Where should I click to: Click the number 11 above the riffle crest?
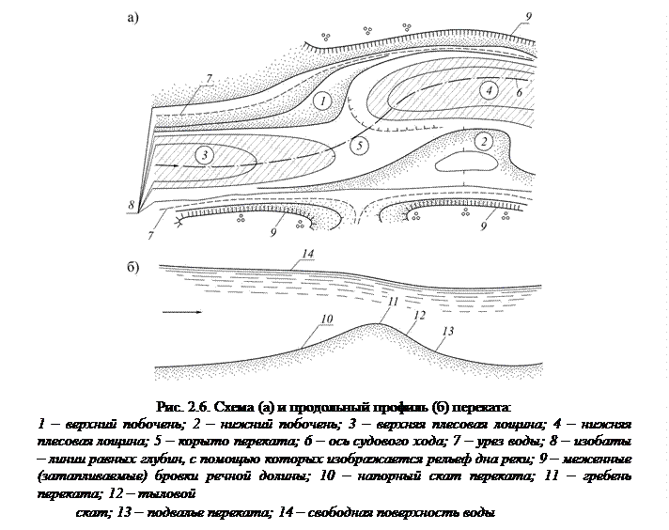click(x=393, y=300)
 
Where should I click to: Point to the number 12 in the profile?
click(x=419, y=316)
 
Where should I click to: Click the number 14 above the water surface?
click(x=310, y=254)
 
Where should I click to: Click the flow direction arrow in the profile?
click(x=180, y=310)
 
